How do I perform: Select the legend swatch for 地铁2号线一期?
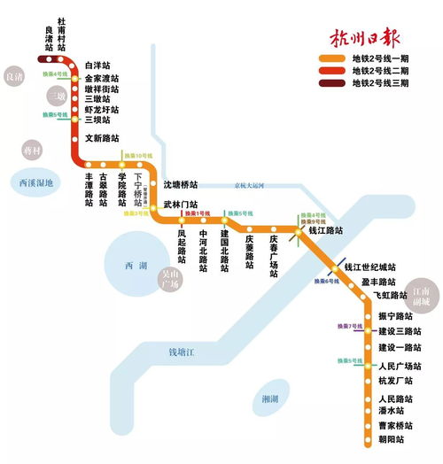pyautogui.click(x=332, y=59)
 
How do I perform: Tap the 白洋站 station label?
pyautogui.click(x=99, y=66)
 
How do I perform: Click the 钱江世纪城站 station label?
pyautogui.click(x=369, y=267)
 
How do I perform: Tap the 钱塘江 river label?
pyautogui.click(x=187, y=352)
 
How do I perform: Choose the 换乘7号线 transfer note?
pyautogui.click(x=339, y=327)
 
